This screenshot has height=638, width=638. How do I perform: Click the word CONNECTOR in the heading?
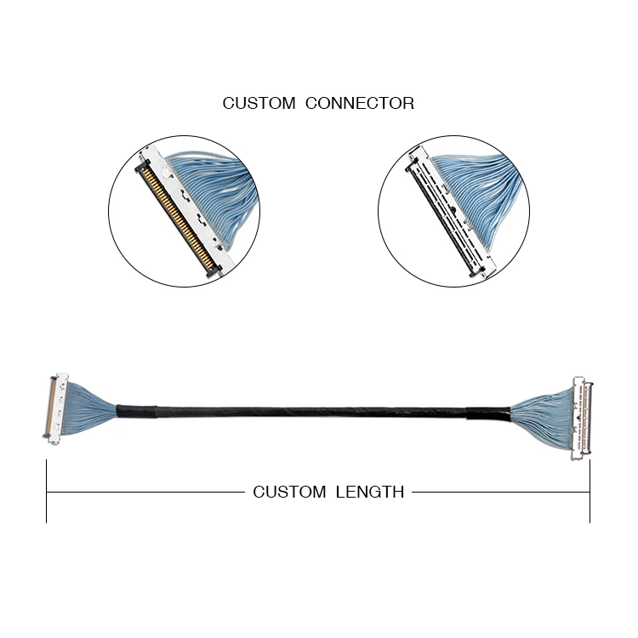360,104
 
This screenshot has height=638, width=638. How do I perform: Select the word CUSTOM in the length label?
289,492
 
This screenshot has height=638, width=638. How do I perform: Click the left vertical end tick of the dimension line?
47,492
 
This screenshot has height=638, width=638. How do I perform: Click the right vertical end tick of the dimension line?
590,492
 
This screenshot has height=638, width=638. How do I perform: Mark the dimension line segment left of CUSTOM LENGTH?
145,492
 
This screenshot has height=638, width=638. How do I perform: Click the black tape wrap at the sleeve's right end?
485,414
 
